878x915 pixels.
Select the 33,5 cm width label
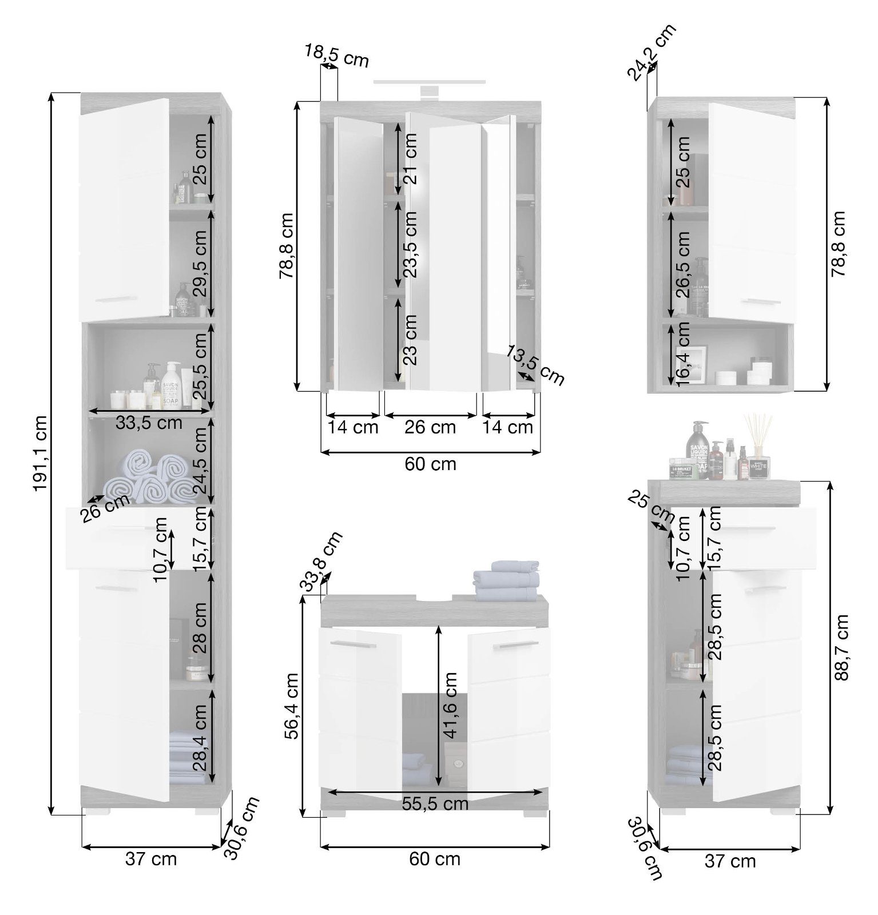pos(149,423)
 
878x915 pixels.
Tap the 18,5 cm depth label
pos(336,55)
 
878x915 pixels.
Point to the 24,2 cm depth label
pos(651,51)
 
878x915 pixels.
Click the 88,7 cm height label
pos(840,647)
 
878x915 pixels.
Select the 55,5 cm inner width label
pos(435,803)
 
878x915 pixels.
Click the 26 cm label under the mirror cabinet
pos(430,427)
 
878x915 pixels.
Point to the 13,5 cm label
pos(535,365)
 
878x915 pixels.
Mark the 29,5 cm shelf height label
pos(200,264)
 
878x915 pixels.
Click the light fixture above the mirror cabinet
pos(429,87)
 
